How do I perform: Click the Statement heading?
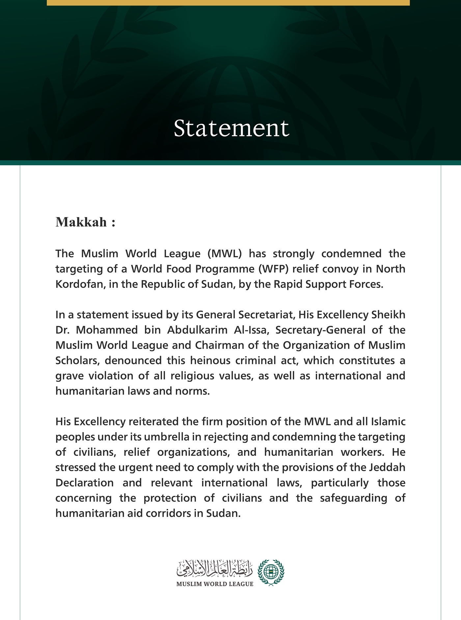(x=231, y=128)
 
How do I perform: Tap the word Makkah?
(x=81, y=222)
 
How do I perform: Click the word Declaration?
(x=84, y=483)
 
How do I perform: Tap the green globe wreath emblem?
(x=270, y=573)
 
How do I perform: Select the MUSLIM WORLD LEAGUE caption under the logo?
(x=215, y=584)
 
